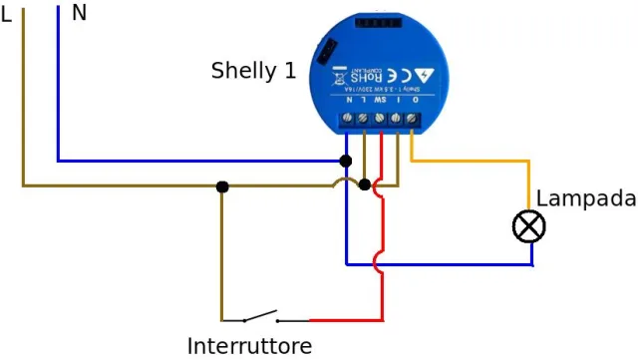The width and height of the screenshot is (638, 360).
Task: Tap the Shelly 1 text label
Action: [253, 71]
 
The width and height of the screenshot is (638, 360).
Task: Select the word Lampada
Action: [585, 198]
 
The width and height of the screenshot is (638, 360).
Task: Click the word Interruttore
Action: [249, 346]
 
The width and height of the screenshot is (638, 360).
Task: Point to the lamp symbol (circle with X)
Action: [529, 227]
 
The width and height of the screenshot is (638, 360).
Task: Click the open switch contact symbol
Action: [261, 318]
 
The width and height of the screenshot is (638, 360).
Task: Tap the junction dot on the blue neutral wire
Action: [346, 161]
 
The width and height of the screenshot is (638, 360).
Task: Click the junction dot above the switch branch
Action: [222, 185]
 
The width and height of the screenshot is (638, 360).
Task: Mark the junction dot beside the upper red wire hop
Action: [365, 184]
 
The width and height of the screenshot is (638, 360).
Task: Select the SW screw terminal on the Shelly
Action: [380, 120]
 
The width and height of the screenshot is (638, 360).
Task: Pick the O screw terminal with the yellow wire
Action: [412, 120]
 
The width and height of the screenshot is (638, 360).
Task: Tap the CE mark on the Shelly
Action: [392, 74]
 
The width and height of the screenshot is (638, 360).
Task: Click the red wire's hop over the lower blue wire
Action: [379, 264]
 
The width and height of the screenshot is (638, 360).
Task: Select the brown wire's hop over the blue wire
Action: [346, 182]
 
